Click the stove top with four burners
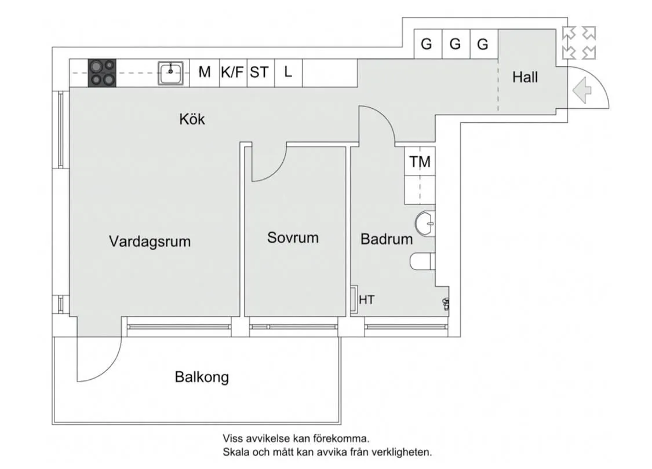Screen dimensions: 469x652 point(102,74)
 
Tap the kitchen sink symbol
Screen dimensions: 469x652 point(172,74)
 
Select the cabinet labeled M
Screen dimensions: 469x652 point(204,72)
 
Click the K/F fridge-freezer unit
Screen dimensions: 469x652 point(233,72)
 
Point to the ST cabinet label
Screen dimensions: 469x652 point(260,72)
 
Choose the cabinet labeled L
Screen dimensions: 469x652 point(288,72)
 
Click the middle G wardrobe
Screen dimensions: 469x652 point(455,44)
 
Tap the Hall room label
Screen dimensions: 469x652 point(524,77)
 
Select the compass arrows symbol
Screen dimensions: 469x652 point(579,43)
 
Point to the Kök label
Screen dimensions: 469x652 point(192,120)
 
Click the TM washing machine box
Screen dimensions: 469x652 point(420,162)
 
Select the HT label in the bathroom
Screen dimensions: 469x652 point(366,300)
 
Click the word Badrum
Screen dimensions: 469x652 point(387,239)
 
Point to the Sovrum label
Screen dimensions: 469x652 point(293,237)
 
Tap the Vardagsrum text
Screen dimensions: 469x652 point(150,241)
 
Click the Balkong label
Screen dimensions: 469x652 point(202,378)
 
